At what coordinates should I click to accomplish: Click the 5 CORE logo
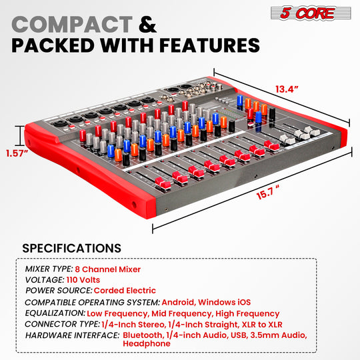coord(311,13)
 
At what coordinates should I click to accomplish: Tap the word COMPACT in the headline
coord(72,25)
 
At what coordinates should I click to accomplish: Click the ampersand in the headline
coord(147,25)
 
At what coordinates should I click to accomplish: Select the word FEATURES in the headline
coord(209,45)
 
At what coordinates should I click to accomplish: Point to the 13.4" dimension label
coord(287,89)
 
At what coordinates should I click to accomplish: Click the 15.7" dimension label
coord(268,193)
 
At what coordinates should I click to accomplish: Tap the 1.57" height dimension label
coord(17,153)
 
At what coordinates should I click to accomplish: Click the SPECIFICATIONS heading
coord(71,248)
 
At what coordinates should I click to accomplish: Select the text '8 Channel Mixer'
coord(108,269)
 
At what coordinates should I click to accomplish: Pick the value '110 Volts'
coord(83,280)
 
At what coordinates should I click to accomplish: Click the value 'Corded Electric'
coord(125,291)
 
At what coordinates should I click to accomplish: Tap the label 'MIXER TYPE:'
coord(49,269)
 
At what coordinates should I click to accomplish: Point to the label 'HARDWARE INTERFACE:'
coord(72,335)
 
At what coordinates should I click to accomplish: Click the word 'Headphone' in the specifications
coord(147,344)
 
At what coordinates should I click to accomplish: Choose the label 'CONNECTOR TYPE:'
coord(63,324)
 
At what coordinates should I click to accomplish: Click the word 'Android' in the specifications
coord(179,302)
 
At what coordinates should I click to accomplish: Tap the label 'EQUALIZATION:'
coord(55,313)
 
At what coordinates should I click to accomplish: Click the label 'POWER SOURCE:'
coord(59,291)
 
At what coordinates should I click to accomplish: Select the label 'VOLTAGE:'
coord(45,280)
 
